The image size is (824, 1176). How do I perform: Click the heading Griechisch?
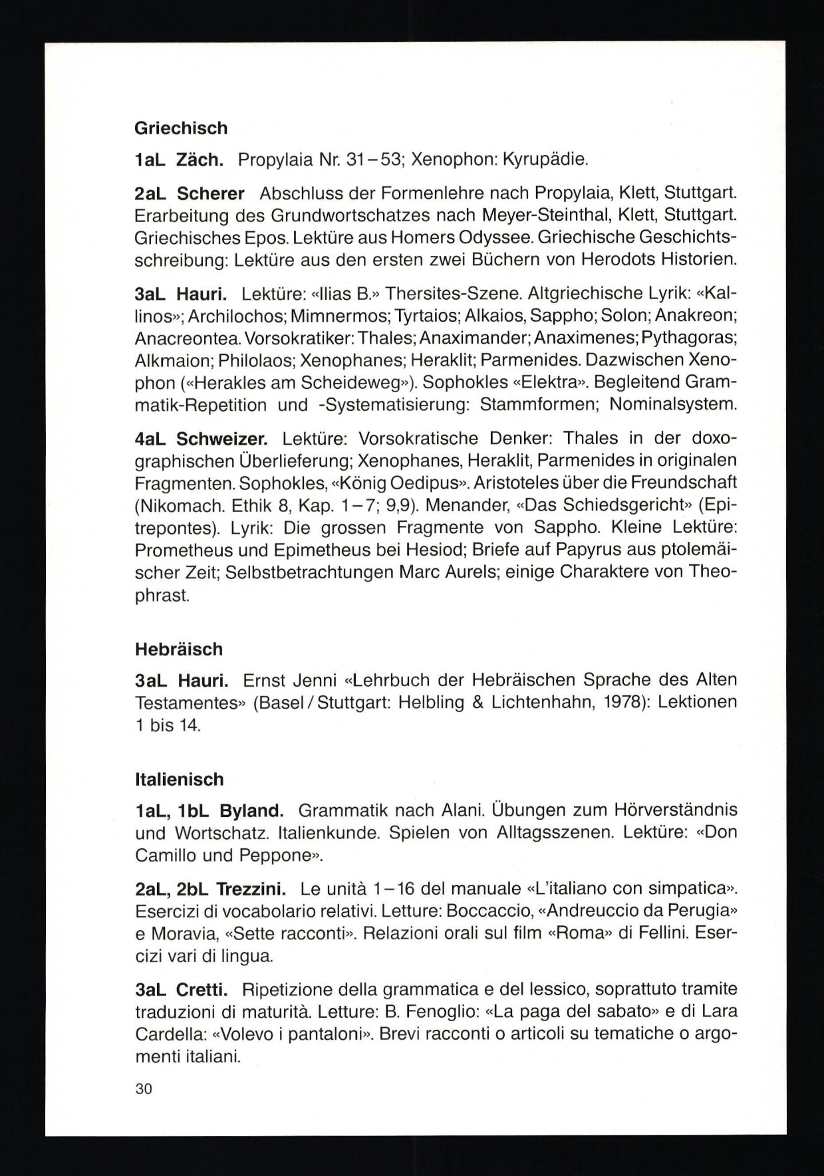[x=181, y=128]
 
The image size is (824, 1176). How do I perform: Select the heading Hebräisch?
[x=179, y=649]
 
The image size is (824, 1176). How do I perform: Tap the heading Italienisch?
[x=180, y=779]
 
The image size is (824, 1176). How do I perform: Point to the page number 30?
[x=144, y=1089]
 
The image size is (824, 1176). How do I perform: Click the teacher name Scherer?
[x=211, y=193]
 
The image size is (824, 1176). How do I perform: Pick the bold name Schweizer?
[x=222, y=439]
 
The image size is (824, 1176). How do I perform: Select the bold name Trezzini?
[x=251, y=889]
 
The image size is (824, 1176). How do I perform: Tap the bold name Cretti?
[x=202, y=989]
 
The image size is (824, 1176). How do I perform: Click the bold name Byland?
[x=251, y=811]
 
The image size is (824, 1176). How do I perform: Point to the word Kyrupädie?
[x=545, y=160]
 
